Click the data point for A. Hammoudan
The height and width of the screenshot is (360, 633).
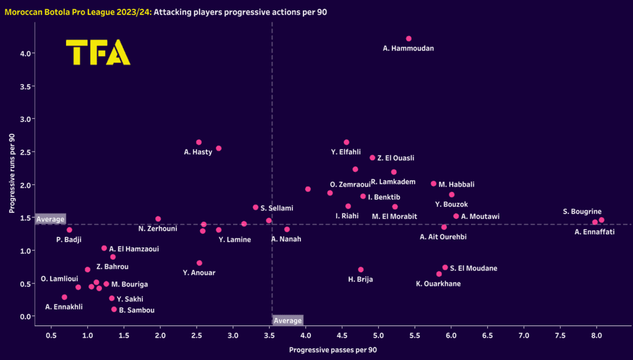[409, 38]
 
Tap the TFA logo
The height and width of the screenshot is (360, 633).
[98, 53]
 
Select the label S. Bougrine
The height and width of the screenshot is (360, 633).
[582, 212]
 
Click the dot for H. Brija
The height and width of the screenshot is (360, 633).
[361, 270]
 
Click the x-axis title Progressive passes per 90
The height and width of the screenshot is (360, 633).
[333, 349]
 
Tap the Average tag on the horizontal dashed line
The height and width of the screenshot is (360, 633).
[50, 220]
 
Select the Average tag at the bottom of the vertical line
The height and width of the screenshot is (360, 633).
[288, 320]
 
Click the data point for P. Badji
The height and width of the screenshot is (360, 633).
[69, 229]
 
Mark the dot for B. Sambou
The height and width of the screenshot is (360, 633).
[114, 309]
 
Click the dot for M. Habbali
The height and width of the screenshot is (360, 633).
[433, 184]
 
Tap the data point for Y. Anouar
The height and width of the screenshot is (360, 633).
[199, 263]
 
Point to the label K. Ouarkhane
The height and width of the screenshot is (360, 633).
[438, 284]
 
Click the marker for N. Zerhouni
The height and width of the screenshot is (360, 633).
[158, 219]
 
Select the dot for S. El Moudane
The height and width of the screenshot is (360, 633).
[445, 268]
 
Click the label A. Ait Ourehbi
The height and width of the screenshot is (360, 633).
[443, 237]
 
